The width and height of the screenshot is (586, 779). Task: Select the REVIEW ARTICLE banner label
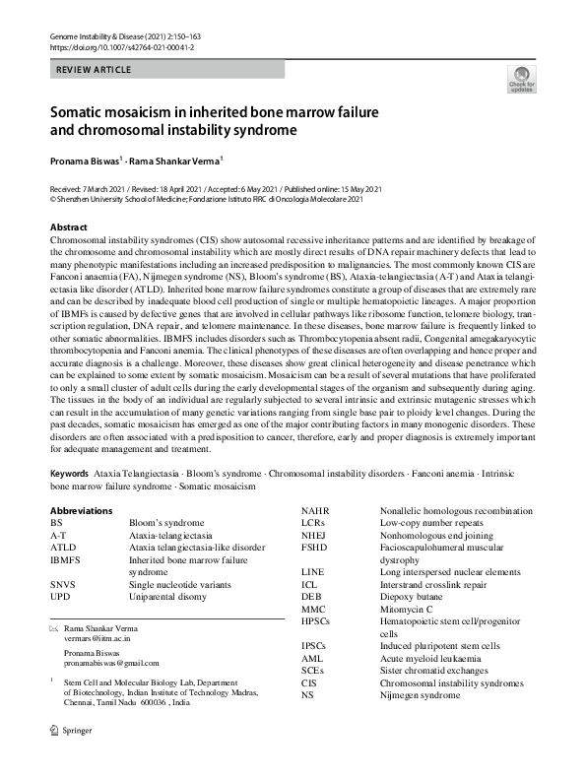[93, 70]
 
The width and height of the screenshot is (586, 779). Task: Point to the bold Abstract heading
[69, 227]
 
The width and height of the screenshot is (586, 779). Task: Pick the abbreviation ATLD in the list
[63, 547]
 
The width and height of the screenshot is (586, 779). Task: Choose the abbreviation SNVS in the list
[63, 584]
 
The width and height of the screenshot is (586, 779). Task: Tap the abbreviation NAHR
[316, 510]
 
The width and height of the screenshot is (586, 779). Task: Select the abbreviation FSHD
[315, 548]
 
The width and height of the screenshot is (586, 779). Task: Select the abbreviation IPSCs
[316, 646]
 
